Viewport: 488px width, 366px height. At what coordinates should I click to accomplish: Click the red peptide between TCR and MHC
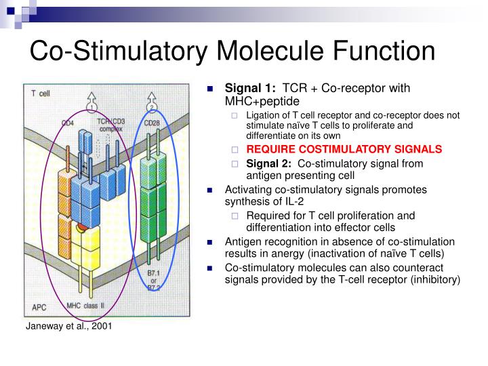(x=81, y=228)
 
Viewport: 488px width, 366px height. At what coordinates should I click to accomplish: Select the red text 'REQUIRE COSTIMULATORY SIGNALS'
(x=344, y=149)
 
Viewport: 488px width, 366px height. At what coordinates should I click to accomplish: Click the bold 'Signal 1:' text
(x=250, y=89)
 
